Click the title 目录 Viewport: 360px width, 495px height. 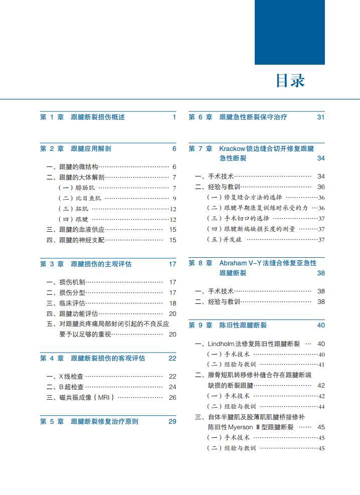pyautogui.click(x=290, y=81)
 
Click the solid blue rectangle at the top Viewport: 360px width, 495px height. pyautogui.click(x=289, y=32)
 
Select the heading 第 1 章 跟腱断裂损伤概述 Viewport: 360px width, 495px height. pyautogui.click(x=83, y=117)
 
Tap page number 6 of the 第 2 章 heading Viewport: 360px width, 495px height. pyautogui.click(x=174, y=148)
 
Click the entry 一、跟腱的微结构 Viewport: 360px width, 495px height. pyautogui.click(x=72, y=167)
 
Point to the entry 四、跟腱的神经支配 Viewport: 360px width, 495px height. pyautogui.click(x=76, y=240)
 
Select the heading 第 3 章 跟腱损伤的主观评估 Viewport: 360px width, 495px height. pyautogui.click(x=86, y=264)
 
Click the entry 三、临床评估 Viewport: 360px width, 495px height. pyautogui.click(x=66, y=303)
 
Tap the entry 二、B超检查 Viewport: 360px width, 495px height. pyautogui.click(x=65, y=387)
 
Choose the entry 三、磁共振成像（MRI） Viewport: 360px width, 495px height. pyautogui.click(x=81, y=398)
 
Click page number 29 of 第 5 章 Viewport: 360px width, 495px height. pyautogui.click(x=172, y=421)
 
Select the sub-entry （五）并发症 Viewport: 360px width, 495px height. pyautogui.click(x=225, y=240)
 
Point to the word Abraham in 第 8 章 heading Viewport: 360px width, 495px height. pyautogui.click(x=235, y=263)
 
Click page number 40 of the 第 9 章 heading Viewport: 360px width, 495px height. pyautogui.click(x=321, y=325)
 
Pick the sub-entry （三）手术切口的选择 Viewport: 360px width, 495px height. pyautogui.click(x=238, y=219)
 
